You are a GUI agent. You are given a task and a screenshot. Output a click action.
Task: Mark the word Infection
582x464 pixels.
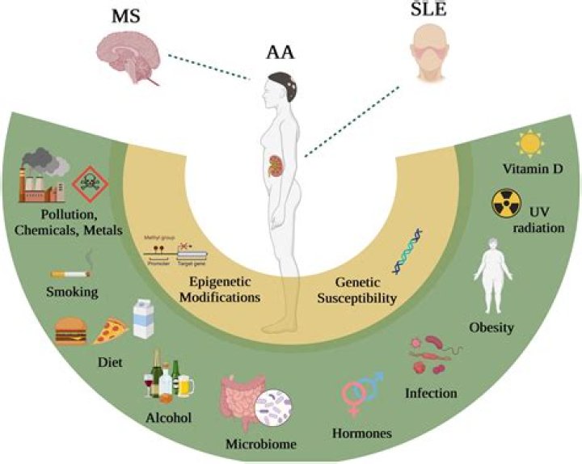coord(431,394)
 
